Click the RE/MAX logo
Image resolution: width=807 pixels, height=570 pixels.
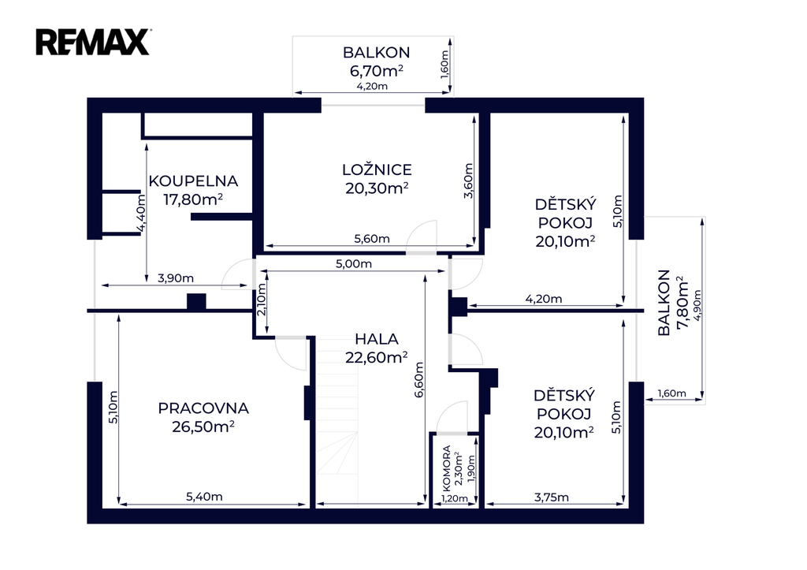(x=93, y=42)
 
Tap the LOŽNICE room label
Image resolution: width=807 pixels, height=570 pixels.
(x=377, y=170)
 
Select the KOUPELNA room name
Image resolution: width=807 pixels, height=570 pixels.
(x=193, y=181)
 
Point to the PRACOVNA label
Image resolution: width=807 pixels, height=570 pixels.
(x=203, y=408)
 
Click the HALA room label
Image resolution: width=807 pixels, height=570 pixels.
(x=377, y=339)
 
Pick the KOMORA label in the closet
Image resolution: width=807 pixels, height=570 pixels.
(x=446, y=468)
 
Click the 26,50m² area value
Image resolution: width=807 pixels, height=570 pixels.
(x=203, y=427)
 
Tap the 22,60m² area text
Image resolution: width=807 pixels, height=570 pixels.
(x=376, y=357)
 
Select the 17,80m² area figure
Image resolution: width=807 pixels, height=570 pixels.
(x=193, y=199)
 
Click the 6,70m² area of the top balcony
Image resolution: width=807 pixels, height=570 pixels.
(x=376, y=70)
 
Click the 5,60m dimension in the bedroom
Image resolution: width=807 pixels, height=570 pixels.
(x=372, y=238)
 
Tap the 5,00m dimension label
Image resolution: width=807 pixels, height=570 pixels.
(x=354, y=263)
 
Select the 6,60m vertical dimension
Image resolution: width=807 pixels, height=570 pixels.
(x=418, y=379)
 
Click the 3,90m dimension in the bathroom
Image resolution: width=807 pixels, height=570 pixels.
(x=176, y=278)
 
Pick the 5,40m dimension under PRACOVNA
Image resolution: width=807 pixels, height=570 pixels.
(x=204, y=497)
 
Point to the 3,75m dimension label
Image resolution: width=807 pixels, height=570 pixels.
(x=551, y=497)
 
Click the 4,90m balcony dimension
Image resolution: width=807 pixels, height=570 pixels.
(x=697, y=305)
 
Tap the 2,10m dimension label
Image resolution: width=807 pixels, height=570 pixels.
(x=262, y=300)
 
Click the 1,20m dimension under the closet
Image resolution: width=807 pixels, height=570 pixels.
(x=455, y=498)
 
